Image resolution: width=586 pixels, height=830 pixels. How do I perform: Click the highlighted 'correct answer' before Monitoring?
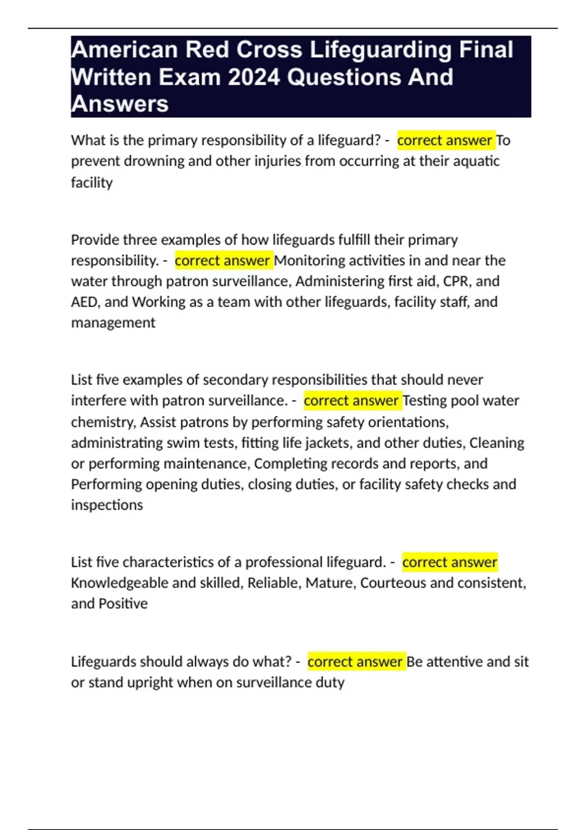coord(222,261)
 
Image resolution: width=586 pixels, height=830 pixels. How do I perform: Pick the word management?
coord(113,323)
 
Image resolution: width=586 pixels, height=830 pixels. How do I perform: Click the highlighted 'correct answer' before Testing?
coord(351,401)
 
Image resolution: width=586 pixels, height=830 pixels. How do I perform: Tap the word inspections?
coord(107,505)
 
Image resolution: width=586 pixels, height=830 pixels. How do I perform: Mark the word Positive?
coord(123,604)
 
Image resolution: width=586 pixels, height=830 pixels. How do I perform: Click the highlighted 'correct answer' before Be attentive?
coord(355,662)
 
